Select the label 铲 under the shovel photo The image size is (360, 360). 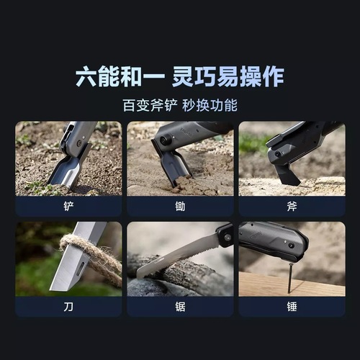click(x=68, y=206)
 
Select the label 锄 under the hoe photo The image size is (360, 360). click(x=180, y=206)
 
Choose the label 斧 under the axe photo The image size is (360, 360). click(x=291, y=206)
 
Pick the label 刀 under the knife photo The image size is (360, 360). click(x=68, y=306)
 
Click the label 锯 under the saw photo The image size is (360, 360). click(x=180, y=306)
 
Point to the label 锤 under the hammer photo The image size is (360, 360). click(x=291, y=306)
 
